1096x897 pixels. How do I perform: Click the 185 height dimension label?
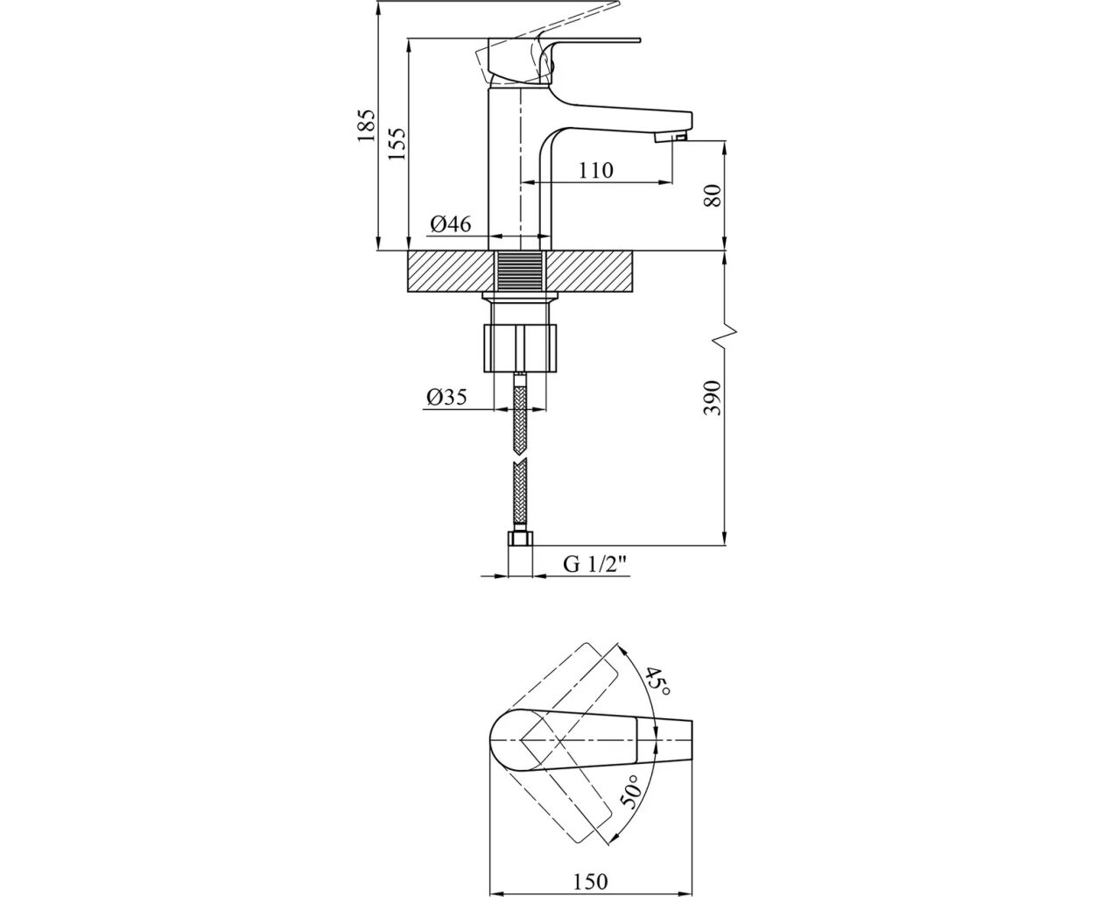coord(366,125)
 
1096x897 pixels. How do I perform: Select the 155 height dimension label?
coord(397,144)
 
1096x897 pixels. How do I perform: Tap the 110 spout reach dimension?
coord(596,170)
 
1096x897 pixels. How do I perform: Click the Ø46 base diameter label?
coord(451,224)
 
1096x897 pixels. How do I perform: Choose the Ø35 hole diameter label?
coord(447,398)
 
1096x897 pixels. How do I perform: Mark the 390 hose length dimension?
coord(713,399)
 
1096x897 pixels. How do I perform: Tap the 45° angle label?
coord(657,682)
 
